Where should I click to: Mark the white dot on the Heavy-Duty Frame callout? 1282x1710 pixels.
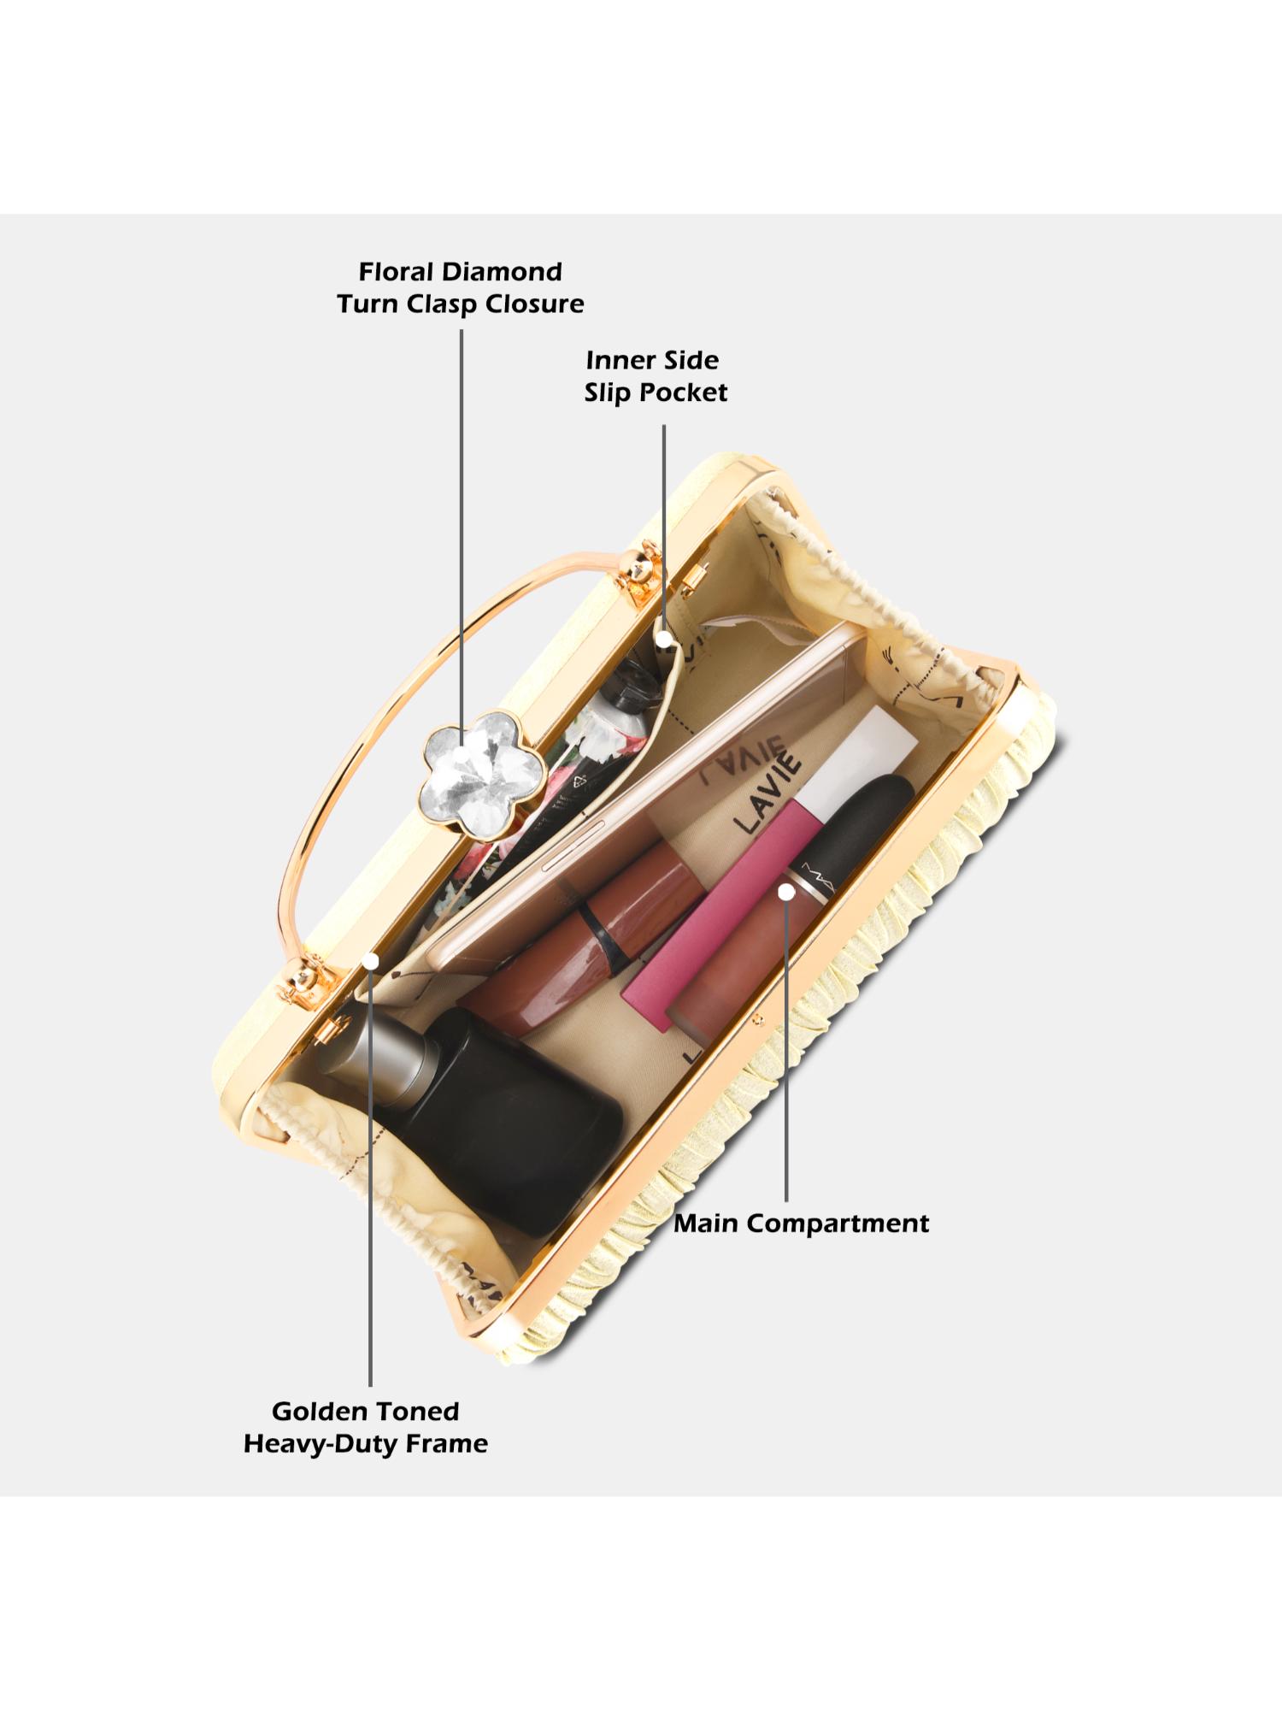point(370,962)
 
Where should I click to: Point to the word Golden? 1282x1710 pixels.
point(318,1412)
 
